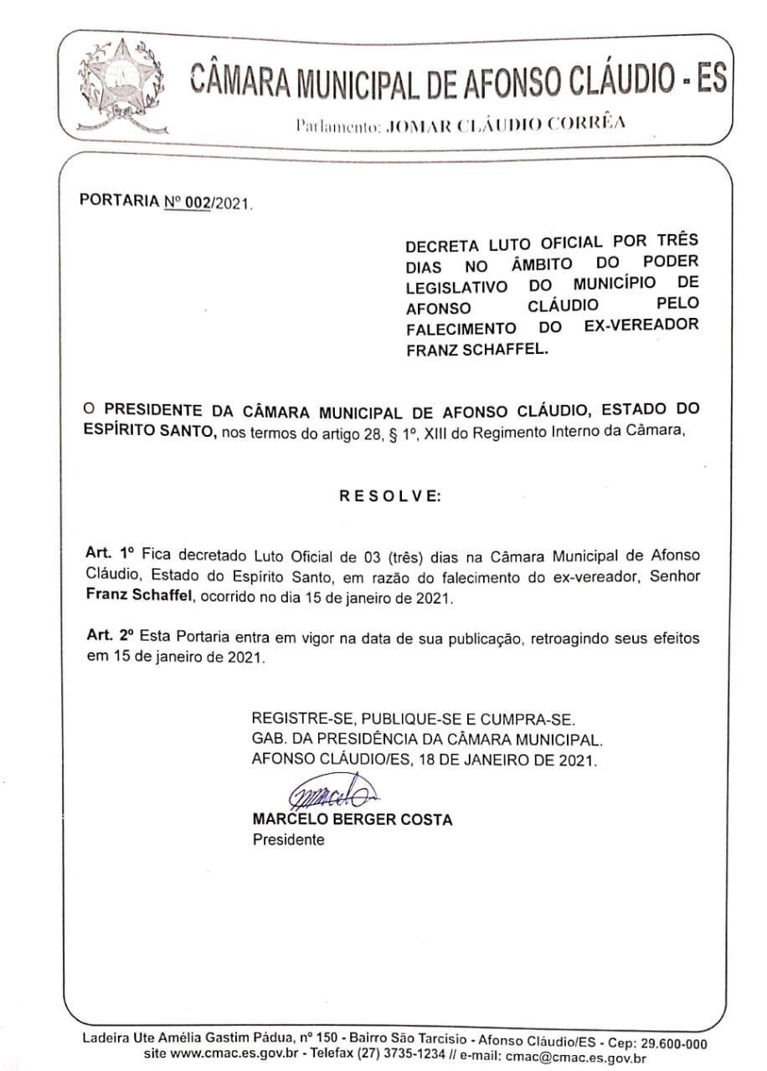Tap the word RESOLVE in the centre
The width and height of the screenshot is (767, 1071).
coord(389,495)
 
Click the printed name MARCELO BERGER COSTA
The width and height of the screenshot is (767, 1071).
coord(352,820)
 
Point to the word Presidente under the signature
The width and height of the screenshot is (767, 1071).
coord(288,839)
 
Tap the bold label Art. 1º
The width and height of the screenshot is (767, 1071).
coord(110,554)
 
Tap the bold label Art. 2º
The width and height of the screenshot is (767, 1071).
coord(110,638)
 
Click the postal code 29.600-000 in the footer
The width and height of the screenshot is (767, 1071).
coord(669,1043)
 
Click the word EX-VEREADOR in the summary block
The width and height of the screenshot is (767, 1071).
coord(641,325)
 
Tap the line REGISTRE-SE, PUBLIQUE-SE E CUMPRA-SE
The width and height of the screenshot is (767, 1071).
coord(414,719)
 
